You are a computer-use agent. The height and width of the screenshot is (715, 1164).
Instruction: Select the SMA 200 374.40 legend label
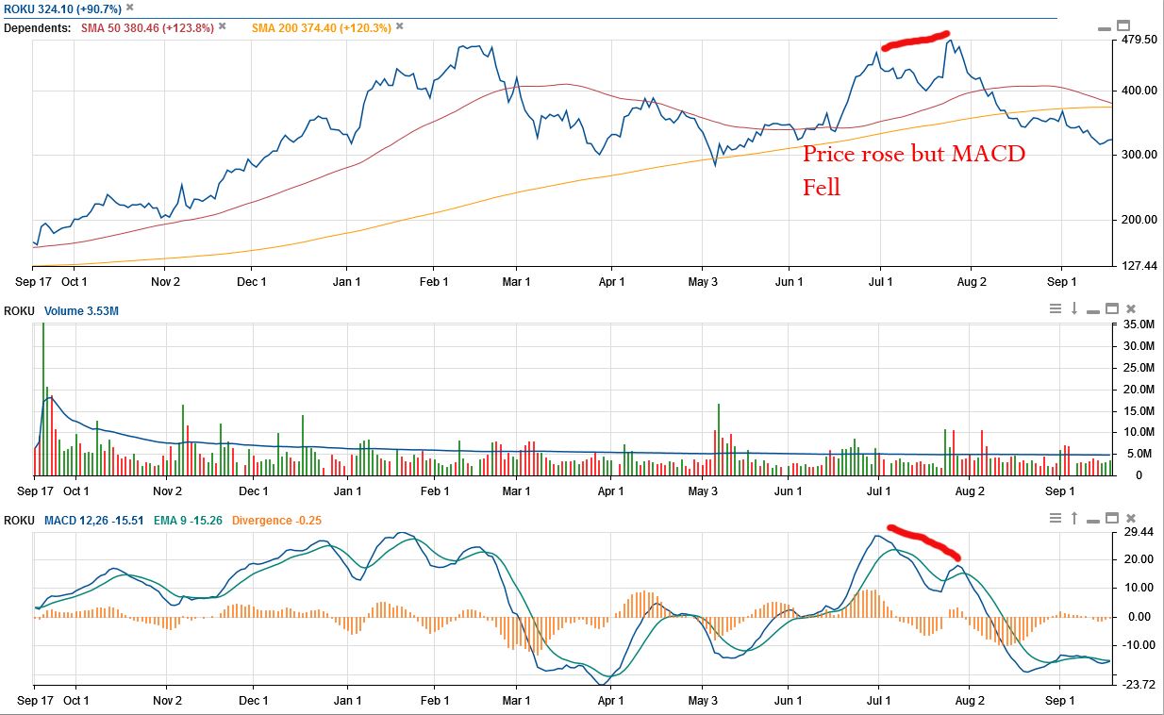(321, 27)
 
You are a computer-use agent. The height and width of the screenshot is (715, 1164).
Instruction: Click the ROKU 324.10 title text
(62, 8)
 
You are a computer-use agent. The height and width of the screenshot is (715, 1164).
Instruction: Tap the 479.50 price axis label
(1138, 41)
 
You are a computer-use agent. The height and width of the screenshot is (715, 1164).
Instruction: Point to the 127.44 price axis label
(1138, 266)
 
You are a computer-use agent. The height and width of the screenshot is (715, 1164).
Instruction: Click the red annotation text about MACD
(913, 170)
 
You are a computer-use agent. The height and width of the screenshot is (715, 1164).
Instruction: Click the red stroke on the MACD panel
(924, 540)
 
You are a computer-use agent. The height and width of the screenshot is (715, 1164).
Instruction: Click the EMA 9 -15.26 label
(187, 520)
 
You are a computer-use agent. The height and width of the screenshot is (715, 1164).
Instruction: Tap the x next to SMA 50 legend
(223, 26)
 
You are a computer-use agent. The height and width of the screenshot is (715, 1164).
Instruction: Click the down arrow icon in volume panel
(1074, 308)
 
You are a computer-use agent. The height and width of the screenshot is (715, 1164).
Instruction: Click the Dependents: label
(38, 27)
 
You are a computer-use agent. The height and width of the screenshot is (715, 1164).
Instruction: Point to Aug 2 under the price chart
(971, 281)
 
